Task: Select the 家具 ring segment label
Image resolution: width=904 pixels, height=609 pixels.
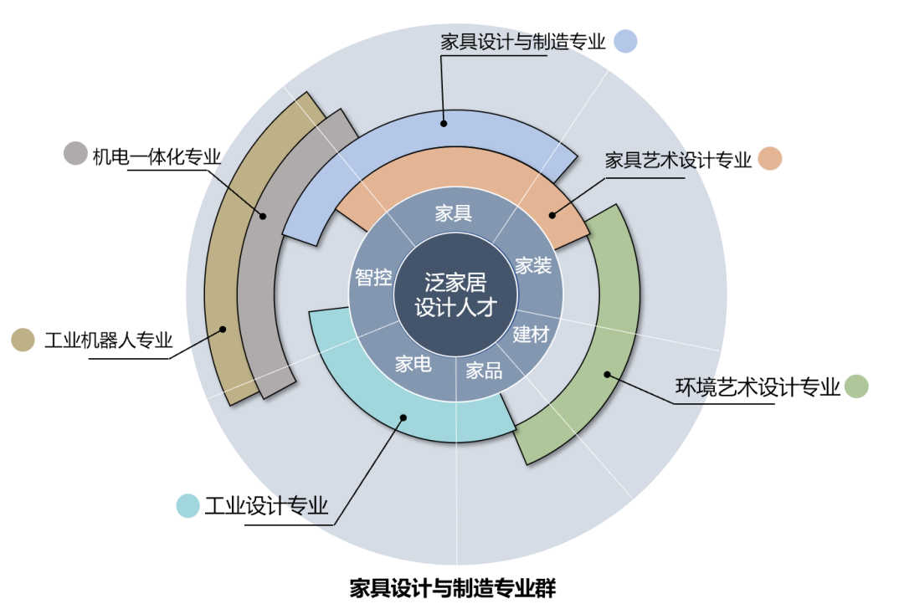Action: pyautogui.click(x=454, y=213)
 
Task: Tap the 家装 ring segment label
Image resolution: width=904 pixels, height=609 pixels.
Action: pyautogui.click(x=533, y=266)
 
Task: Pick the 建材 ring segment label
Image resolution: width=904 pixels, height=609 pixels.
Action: pyautogui.click(x=531, y=335)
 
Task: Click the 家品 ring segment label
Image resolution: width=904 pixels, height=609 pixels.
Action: pyautogui.click(x=484, y=370)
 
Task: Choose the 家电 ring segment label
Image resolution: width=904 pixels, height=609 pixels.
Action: pyautogui.click(x=413, y=364)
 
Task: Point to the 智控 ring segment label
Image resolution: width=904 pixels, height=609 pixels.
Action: pyautogui.click(x=373, y=277)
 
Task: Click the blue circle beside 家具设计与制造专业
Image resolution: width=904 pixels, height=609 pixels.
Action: pyautogui.click(x=625, y=41)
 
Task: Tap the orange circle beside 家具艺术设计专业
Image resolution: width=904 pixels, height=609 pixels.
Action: pyautogui.click(x=769, y=159)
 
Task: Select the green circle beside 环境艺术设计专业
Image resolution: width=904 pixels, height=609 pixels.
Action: pyautogui.click(x=856, y=386)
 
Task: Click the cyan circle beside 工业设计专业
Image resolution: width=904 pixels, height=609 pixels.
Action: pyautogui.click(x=188, y=505)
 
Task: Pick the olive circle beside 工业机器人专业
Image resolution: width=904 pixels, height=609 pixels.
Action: pyautogui.click(x=23, y=340)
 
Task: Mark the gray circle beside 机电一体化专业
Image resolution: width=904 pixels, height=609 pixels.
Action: pyautogui.click(x=76, y=153)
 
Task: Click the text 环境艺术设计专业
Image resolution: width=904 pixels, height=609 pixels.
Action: pyautogui.click(x=758, y=386)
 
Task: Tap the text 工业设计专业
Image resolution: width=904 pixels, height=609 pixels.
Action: pyautogui.click(x=266, y=506)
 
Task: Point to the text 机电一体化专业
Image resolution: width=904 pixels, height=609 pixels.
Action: pyautogui.click(x=157, y=156)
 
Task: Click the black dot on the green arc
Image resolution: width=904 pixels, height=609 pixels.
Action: pyautogui.click(x=609, y=375)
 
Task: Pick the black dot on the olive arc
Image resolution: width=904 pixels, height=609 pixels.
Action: pyautogui.click(x=223, y=329)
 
